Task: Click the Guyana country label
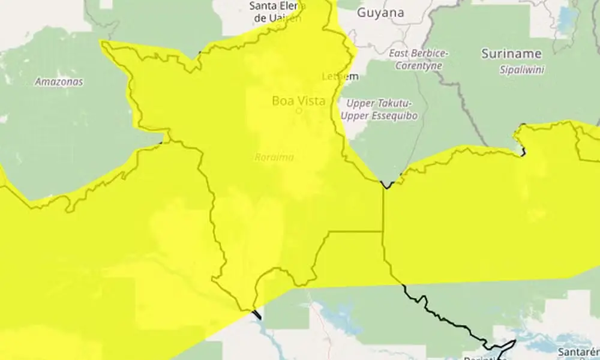(x=380, y=12)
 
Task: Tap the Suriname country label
(x=511, y=54)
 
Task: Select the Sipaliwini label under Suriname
(x=521, y=70)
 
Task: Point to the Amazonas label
(x=59, y=82)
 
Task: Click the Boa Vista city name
(x=299, y=100)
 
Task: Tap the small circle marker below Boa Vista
(x=299, y=111)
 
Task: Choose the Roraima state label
(x=274, y=157)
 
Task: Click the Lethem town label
(x=340, y=76)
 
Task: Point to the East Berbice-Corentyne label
(x=418, y=59)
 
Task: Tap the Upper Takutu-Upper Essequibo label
(x=380, y=110)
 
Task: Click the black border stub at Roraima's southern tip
(x=257, y=314)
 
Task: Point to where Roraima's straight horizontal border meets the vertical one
(x=382, y=231)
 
